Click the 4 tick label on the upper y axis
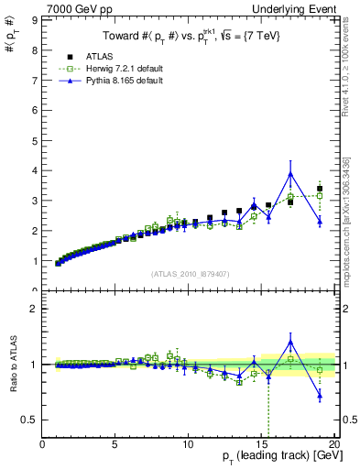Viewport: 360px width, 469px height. [35, 170]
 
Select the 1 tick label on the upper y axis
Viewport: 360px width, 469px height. [35, 261]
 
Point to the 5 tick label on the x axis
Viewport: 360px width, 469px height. [115, 445]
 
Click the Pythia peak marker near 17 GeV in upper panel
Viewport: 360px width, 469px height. [290, 174]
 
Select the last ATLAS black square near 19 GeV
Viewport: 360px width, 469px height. [320, 189]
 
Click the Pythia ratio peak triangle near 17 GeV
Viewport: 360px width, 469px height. [290, 343]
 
